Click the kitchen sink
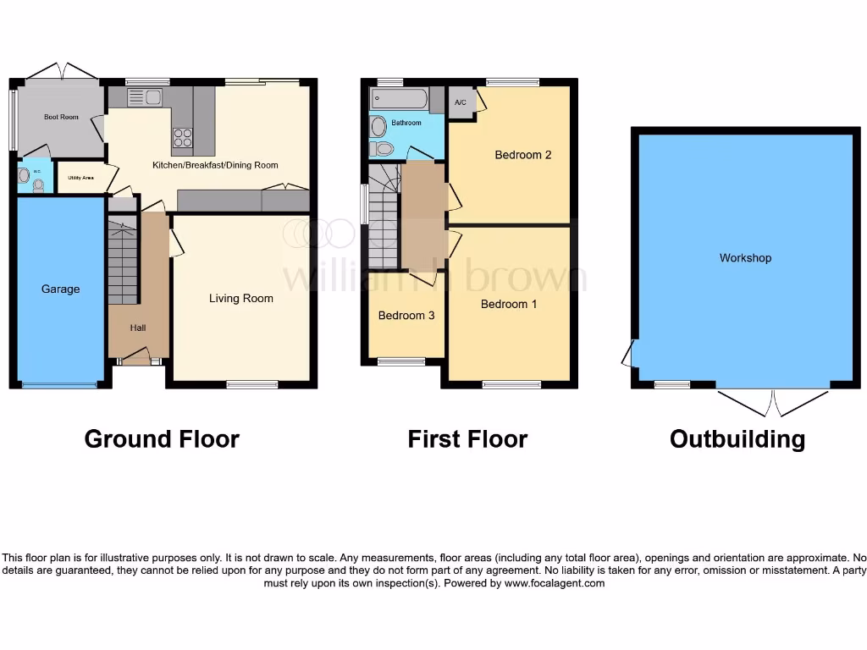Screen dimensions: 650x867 click(144, 97)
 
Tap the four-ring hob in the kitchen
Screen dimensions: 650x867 click(182, 137)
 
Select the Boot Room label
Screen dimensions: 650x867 click(61, 117)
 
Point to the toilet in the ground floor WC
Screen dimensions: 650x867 click(38, 184)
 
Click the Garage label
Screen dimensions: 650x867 click(60, 289)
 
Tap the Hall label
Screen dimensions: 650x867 click(138, 328)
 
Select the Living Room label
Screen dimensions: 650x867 click(241, 298)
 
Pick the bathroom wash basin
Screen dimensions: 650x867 click(378, 126)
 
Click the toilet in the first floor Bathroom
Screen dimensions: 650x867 click(381, 149)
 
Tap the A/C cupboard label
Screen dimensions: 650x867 click(461, 102)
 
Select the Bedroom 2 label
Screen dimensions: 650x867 click(523, 155)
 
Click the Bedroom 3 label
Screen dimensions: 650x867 click(406, 316)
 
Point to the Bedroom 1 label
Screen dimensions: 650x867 click(509, 304)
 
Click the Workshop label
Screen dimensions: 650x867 click(745, 258)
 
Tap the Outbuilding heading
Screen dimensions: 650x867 click(737, 439)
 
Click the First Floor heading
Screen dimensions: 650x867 click(467, 439)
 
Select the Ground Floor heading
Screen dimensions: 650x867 click(162, 439)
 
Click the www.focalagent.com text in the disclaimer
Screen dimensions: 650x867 click(555, 583)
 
